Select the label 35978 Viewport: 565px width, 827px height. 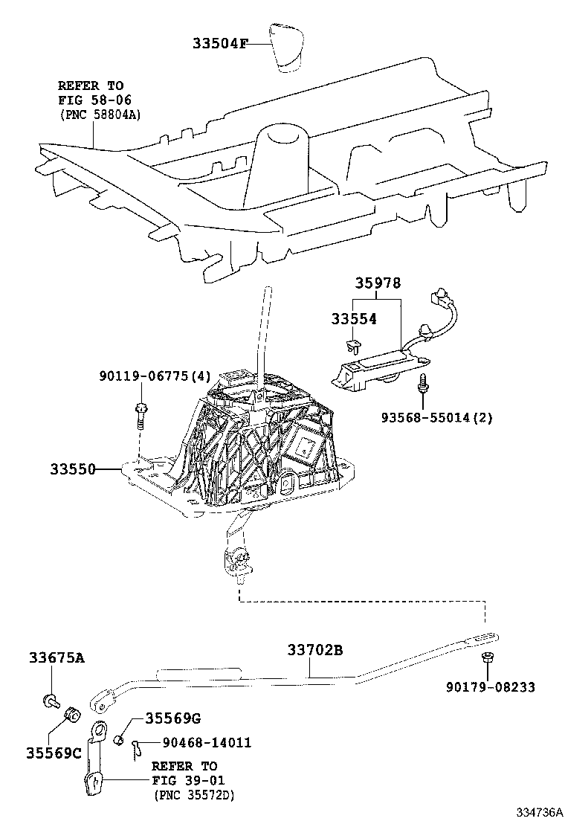coord(377,284)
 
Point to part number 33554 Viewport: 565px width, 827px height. coord(354,319)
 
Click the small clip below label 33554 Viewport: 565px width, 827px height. coord(353,344)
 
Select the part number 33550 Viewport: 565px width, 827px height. coord(74,469)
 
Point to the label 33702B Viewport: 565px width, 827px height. coord(315,651)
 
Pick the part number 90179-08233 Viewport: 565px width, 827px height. coord(490,687)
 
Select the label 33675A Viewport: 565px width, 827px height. coord(56,657)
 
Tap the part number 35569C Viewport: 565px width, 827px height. coord(55,752)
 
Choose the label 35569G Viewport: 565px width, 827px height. coord(172,718)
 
